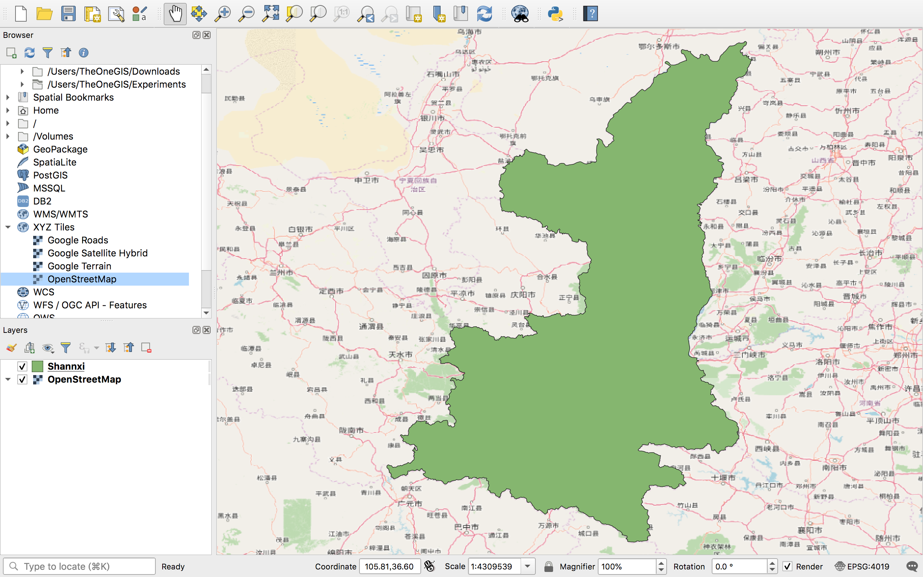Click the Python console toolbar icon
point(555,14)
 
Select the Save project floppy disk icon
point(68,14)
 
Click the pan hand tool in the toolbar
point(175,14)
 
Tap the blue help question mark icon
point(591,14)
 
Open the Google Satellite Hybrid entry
point(97,253)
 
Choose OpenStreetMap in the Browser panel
point(81,279)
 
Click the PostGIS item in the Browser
point(50,175)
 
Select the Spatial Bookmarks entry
point(73,97)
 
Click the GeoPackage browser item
point(60,149)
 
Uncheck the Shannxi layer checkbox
point(22,366)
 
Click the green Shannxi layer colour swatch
point(37,366)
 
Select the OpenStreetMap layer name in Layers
point(84,379)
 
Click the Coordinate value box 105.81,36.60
point(389,566)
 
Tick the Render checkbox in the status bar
point(787,566)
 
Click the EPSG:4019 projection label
point(868,566)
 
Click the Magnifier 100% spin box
point(627,566)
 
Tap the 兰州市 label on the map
point(282,273)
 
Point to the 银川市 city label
point(433,118)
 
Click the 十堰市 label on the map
point(723,477)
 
